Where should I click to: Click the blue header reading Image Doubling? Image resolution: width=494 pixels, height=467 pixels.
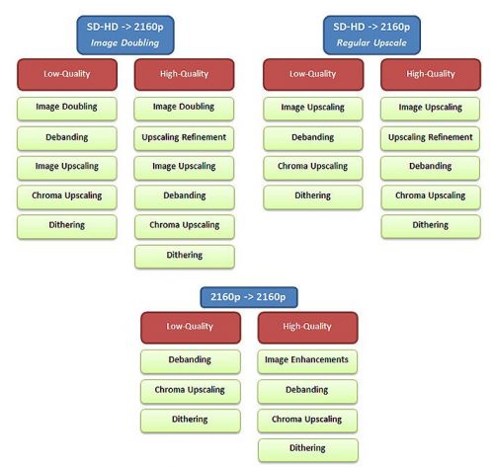click(x=125, y=35)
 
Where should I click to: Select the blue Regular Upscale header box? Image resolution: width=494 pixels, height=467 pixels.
click(x=371, y=35)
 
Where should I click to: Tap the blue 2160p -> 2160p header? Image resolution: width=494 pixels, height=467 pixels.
click(x=249, y=297)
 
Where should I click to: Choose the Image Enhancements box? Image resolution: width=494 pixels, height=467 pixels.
click(x=307, y=361)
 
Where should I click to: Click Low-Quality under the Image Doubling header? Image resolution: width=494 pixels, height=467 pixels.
click(x=67, y=74)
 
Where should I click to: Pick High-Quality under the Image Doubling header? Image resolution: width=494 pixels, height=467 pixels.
click(x=185, y=74)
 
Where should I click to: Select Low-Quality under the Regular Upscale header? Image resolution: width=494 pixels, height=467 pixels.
click(x=313, y=74)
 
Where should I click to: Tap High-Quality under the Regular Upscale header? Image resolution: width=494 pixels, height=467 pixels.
click(x=431, y=74)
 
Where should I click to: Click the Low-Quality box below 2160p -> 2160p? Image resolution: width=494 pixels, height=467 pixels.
click(x=191, y=328)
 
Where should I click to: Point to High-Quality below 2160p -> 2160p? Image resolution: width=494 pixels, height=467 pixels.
click(x=308, y=328)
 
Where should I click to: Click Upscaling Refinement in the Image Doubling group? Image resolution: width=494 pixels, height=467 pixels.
click(x=184, y=138)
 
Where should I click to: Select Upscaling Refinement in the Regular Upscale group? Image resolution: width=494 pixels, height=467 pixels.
click(x=431, y=138)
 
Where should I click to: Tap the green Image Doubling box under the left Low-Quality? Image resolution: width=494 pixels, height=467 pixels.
click(x=67, y=109)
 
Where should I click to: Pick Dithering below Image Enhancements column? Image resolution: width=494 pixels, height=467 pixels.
click(x=308, y=450)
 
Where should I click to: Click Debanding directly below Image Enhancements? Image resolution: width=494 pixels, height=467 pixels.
click(x=307, y=392)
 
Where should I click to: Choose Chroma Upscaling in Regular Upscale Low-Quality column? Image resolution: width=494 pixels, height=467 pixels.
click(x=313, y=168)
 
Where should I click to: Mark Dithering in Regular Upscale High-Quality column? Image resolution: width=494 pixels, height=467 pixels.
click(x=431, y=227)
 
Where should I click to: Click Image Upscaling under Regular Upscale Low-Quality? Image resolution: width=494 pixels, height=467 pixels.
click(x=313, y=109)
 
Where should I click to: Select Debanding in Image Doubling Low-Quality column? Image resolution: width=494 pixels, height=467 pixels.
click(x=67, y=138)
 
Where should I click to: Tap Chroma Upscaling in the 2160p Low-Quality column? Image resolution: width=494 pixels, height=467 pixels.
click(x=191, y=392)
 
